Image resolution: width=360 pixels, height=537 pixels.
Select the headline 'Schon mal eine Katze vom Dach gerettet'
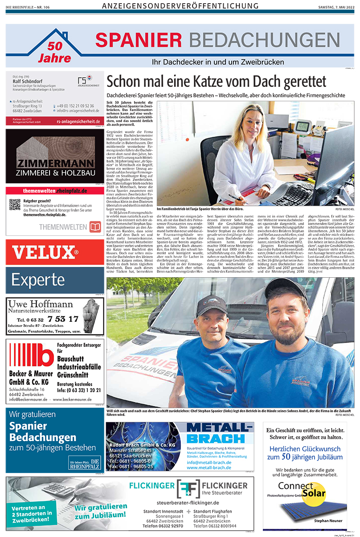coord(216,81)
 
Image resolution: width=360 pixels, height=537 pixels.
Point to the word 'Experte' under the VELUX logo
coord(38,280)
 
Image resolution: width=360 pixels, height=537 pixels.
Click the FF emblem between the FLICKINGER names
coord(188,488)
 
